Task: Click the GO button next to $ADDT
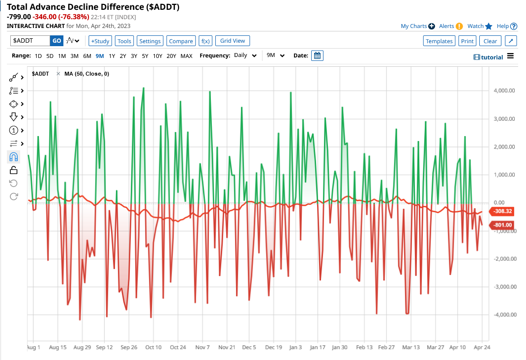pos(57,41)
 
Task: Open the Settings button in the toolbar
pos(150,41)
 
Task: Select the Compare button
pos(181,41)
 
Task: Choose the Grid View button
pos(233,41)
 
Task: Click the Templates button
pos(439,41)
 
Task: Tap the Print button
pos(468,41)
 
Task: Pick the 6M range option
pos(87,56)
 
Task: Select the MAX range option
pos(186,56)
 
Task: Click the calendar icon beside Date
pos(318,55)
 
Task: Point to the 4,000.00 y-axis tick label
pos(504,91)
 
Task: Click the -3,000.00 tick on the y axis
pos(503,287)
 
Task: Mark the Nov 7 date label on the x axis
pos(203,347)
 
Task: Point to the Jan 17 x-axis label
pos(318,347)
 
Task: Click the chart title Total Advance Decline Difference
pos(93,7)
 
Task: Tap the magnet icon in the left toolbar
pos(14,157)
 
